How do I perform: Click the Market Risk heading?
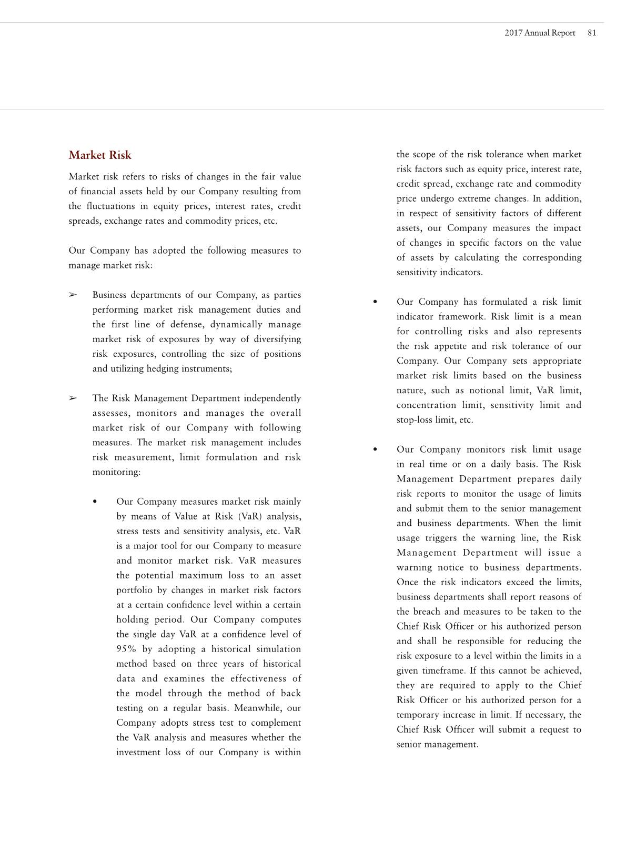coord(100,155)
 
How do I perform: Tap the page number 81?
coord(592,33)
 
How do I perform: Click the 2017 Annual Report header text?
coord(540,33)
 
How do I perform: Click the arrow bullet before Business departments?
coord(73,295)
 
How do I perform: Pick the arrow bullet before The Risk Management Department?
coord(73,398)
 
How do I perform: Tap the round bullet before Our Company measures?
coord(95,502)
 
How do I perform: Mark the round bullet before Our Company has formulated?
coord(375,302)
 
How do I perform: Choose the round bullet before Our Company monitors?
coord(375,449)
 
